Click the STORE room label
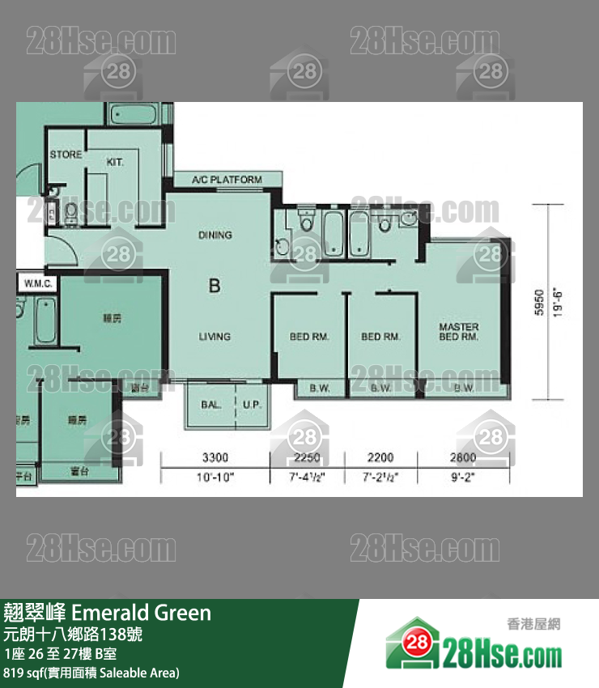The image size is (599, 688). click(66, 155)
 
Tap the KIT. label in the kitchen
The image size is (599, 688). click(115, 162)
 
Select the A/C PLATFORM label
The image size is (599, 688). click(227, 180)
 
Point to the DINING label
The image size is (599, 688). click(215, 236)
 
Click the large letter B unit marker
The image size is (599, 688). click(215, 285)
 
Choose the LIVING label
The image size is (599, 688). click(215, 337)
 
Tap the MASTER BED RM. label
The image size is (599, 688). click(459, 332)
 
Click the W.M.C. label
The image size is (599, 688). click(38, 283)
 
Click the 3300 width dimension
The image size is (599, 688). click(215, 457)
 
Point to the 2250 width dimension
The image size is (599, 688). click(305, 457)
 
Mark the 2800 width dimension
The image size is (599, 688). click(464, 457)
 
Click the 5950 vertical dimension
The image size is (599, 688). click(540, 304)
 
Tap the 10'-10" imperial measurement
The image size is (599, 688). click(215, 478)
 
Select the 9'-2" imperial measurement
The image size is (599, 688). click(464, 478)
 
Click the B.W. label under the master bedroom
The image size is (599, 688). click(464, 389)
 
